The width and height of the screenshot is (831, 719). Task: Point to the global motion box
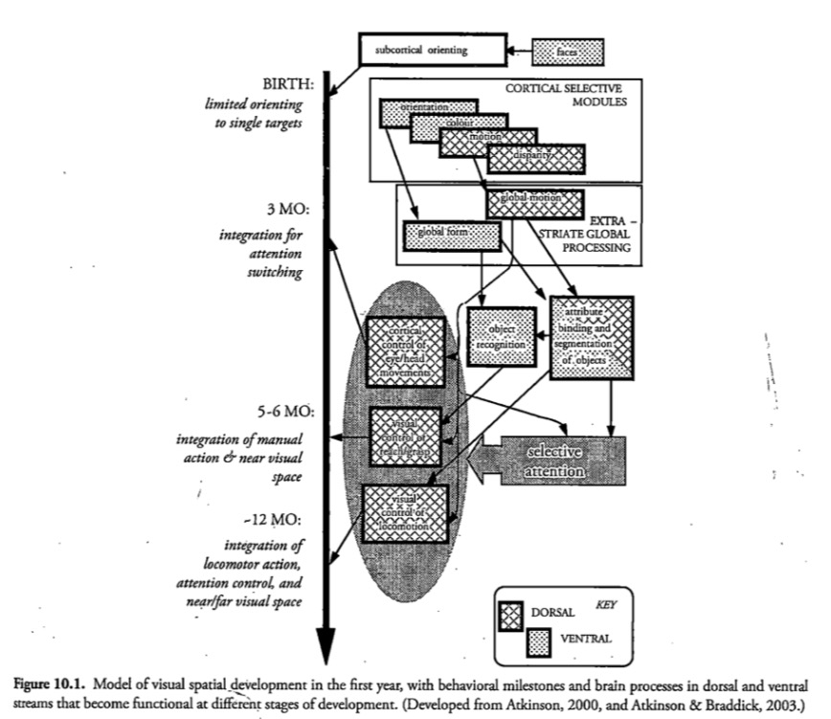tap(535, 202)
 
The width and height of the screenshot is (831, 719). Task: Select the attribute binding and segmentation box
tap(592, 336)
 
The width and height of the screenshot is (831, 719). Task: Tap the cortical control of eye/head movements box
tap(406, 350)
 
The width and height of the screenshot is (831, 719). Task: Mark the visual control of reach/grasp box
tap(406, 437)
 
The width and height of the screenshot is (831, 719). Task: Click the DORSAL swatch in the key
tap(514, 612)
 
